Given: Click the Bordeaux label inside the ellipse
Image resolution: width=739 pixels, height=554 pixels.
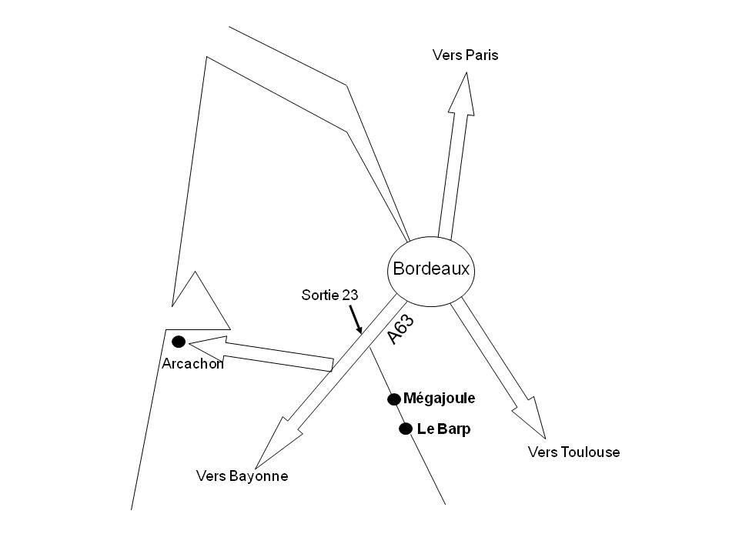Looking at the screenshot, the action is [431, 269].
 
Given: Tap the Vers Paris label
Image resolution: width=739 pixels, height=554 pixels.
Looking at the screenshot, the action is [465, 55].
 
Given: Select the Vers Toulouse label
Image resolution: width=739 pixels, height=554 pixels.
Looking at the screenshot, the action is [573, 452].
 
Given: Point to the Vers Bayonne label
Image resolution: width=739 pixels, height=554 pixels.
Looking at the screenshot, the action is [242, 476].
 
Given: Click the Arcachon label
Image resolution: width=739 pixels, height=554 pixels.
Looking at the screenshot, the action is [192, 364].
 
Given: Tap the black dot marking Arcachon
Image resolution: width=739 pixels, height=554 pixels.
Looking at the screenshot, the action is [179, 342].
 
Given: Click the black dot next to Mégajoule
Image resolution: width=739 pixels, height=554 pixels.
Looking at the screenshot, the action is [394, 399].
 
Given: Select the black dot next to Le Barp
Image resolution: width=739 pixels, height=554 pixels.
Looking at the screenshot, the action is [406, 429].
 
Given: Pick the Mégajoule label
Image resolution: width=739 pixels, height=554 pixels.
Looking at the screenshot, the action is [440, 399].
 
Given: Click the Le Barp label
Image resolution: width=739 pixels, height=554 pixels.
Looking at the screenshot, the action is [443, 429].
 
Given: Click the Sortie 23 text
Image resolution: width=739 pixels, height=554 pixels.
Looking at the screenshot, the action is [330, 295].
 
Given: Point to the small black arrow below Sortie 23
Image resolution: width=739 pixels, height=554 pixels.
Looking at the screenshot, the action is [356, 319].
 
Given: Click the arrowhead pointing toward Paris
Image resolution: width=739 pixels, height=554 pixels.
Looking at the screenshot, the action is [463, 94].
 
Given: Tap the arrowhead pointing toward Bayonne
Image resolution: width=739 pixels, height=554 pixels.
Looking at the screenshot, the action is [276, 443].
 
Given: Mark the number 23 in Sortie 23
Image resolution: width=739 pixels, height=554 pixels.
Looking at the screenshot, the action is [350, 295].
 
